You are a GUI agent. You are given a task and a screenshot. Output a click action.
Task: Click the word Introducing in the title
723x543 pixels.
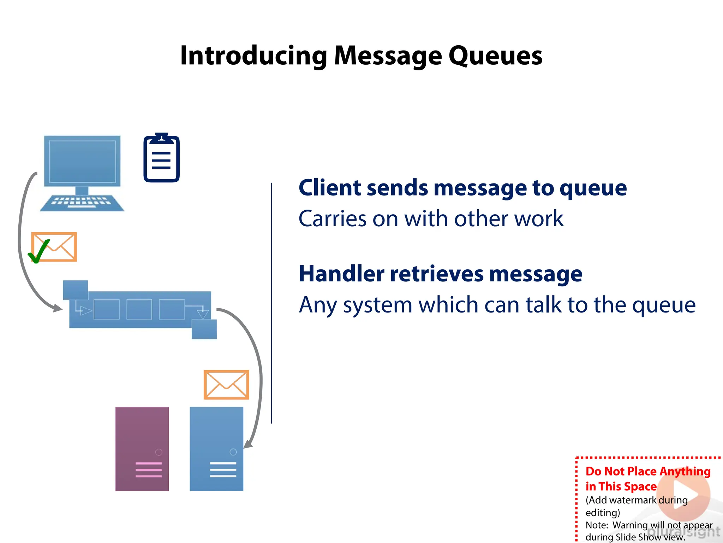pos(253,56)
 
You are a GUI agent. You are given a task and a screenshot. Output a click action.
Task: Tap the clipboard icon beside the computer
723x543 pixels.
pos(161,158)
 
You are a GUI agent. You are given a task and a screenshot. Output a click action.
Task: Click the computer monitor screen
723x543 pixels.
pos(82,161)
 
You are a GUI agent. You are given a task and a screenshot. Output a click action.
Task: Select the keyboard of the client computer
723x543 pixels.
pos(82,203)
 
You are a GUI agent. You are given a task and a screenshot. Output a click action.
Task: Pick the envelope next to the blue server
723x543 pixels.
pos(226,385)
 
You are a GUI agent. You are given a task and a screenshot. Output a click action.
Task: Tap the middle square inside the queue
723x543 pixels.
pos(139,309)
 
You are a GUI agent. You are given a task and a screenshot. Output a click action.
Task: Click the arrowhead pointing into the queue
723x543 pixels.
pos(58,308)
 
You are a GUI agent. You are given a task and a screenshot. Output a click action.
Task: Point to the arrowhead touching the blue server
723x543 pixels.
pos(248,444)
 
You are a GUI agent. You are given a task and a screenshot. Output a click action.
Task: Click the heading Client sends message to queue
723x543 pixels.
pos(462,187)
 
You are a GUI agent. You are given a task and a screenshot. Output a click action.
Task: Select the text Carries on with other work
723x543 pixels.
pos(431,218)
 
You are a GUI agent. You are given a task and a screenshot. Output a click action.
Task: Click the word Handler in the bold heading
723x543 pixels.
pos(341,274)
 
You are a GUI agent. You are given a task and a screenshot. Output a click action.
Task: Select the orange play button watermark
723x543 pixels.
pos(683,494)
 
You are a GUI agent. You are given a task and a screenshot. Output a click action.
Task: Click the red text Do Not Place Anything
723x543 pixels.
pos(648,471)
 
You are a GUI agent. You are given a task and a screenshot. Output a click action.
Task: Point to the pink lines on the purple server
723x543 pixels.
pos(149,469)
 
